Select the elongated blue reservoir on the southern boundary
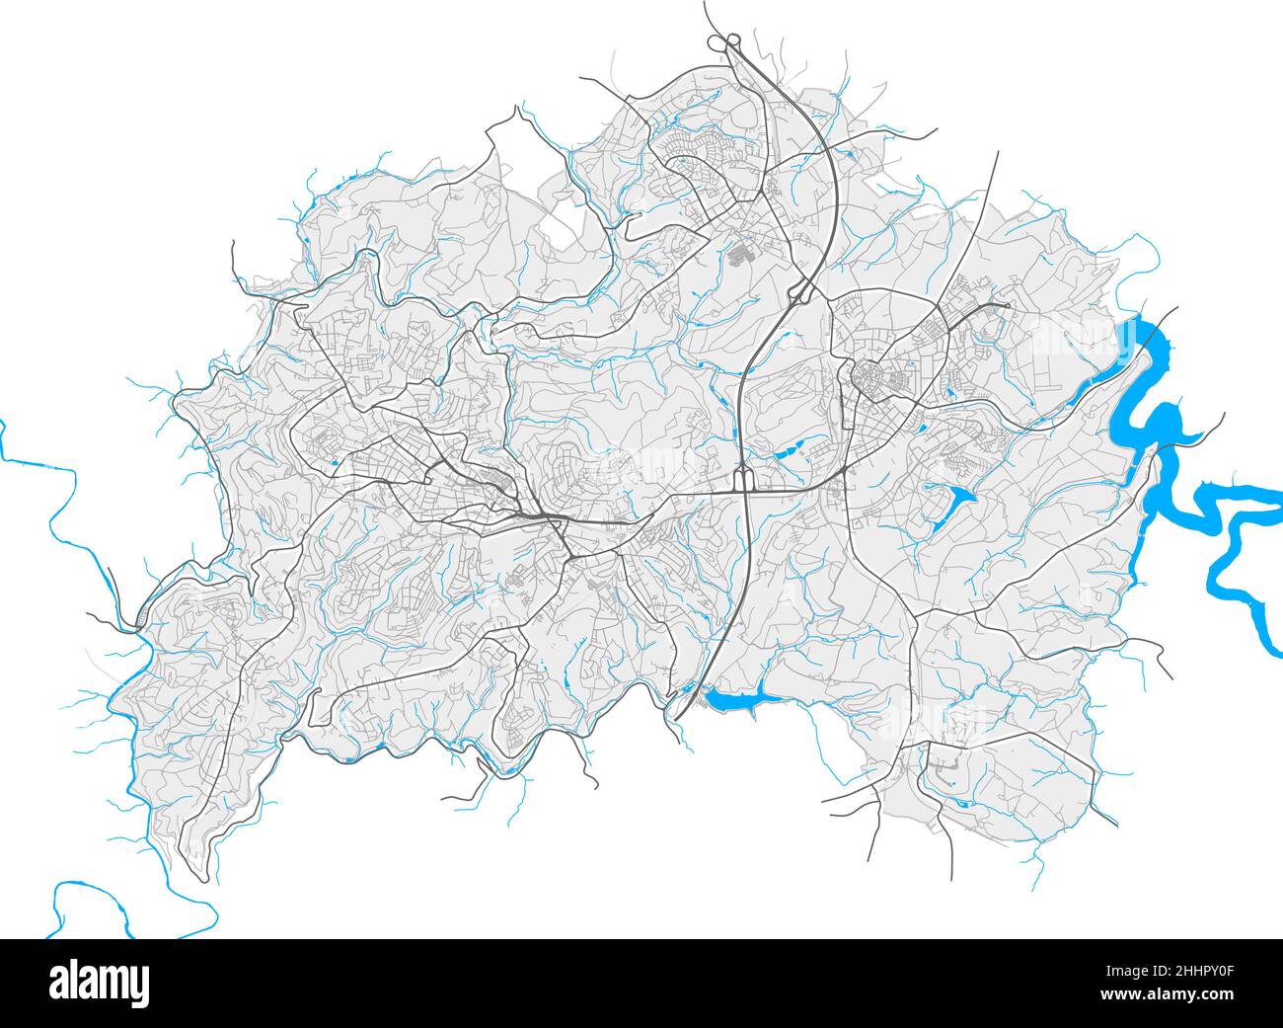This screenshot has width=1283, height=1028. pyautogui.click(x=730, y=701)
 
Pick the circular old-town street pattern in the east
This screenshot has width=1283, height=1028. pyautogui.click(x=868, y=377)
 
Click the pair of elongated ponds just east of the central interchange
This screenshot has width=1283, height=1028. pyautogui.click(x=794, y=453)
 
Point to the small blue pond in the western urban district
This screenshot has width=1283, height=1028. pyautogui.click(x=335, y=461)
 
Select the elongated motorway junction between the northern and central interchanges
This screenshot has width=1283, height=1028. pyautogui.click(x=800, y=291)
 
